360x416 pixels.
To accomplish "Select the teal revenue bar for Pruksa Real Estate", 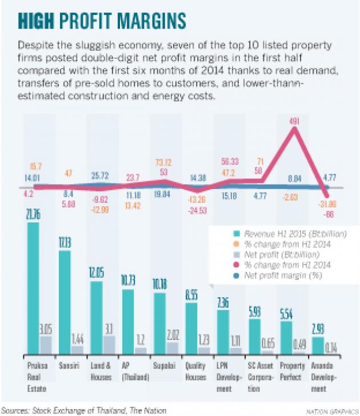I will point(33,289).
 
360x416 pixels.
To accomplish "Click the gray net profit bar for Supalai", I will point(172,347).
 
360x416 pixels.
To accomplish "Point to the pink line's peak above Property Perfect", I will point(295,130).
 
